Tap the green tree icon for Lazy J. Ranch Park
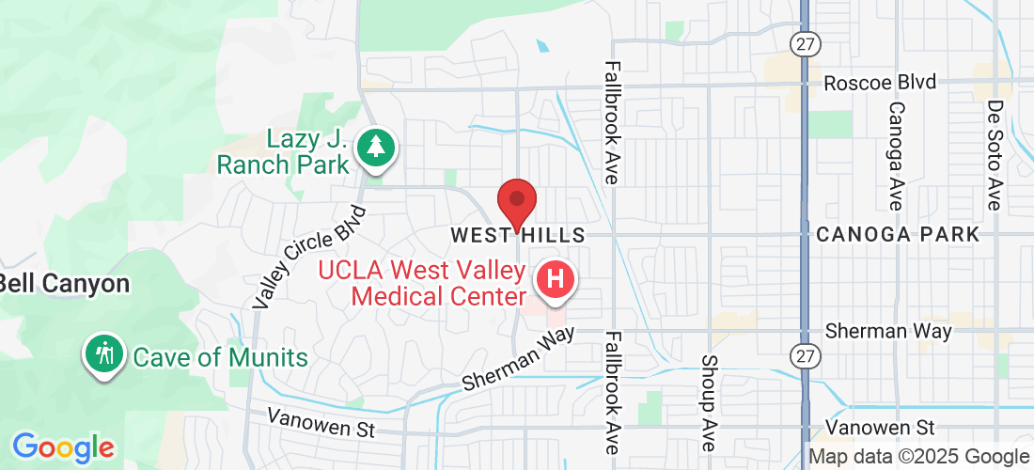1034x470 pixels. [x=376, y=149]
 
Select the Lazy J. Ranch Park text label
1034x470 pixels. [x=282, y=152]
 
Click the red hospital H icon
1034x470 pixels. [x=555, y=280]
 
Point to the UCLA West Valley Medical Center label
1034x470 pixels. [x=422, y=284]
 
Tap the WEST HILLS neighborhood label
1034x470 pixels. [x=517, y=234]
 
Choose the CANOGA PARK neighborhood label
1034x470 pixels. [x=898, y=234]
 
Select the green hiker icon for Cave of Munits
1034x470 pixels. [x=104, y=353]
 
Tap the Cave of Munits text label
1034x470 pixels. [x=220, y=357]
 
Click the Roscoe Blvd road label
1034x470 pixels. [x=880, y=82]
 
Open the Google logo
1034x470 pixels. [x=62, y=446]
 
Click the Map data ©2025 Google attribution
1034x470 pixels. [x=919, y=457]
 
